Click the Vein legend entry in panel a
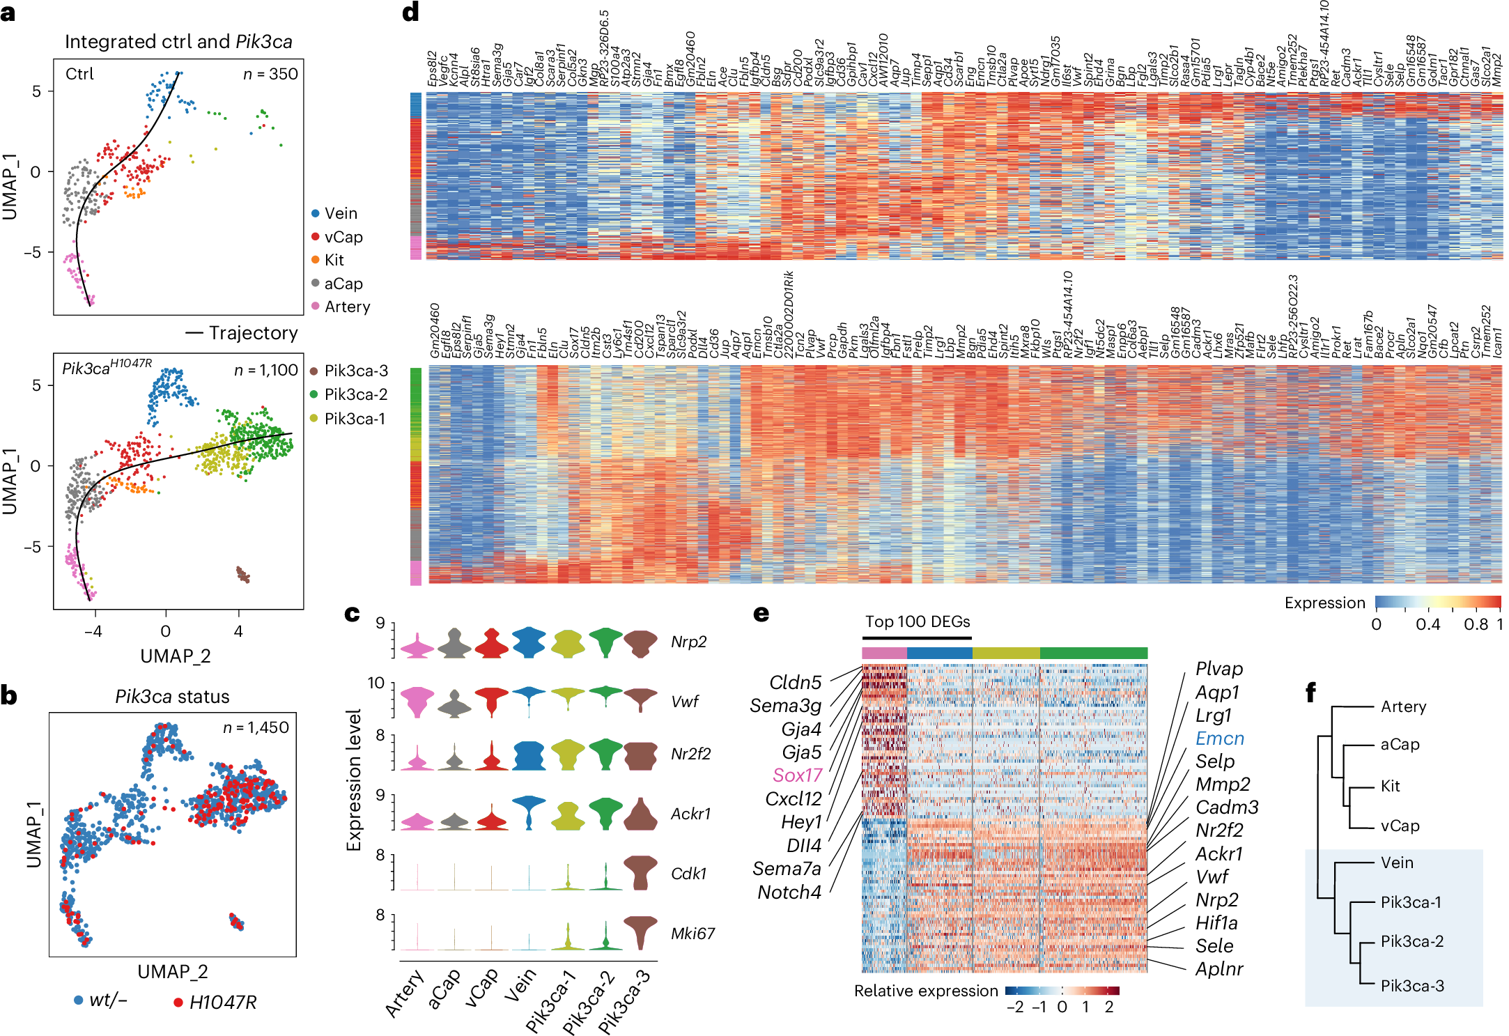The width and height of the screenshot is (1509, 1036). pos(340,214)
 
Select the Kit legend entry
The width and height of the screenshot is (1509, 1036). pos(334,261)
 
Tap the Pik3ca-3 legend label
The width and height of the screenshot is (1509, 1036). pos(355,371)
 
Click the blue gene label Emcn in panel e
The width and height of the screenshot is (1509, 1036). pos(1219,739)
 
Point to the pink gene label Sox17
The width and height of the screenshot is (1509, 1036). pos(797,775)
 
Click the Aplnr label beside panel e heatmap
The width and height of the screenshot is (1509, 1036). pos(1219,969)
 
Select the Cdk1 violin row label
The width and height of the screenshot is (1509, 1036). pos(688,874)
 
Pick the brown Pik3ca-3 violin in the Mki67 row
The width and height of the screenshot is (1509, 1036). pos(640,932)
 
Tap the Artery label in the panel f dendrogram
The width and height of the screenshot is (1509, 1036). pos(1403,707)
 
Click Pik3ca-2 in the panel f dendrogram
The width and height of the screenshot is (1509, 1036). pos(1411,942)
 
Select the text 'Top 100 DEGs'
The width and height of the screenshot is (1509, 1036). pos(917,622)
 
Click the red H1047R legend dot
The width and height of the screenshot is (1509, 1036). pos(178,1003)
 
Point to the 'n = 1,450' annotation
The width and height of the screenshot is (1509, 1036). pos(256,728)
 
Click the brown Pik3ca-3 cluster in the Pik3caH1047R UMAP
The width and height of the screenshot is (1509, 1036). pos(243,575)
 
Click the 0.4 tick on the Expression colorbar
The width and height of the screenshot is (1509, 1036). pos(1427,625)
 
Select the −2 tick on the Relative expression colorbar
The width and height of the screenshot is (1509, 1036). pos(1015,1007)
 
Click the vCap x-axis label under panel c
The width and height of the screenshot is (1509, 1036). pos(481,989)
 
